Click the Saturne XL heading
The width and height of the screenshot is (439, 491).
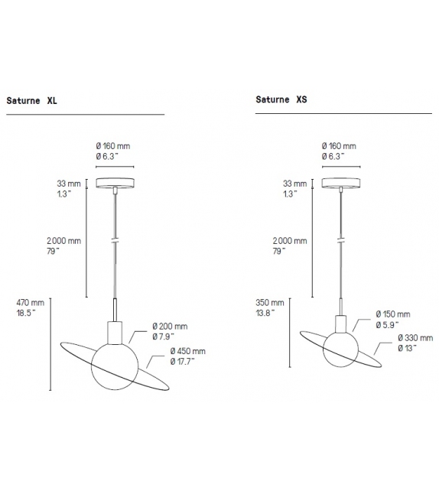[32, 99]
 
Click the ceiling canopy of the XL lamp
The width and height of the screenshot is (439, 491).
[114, 183]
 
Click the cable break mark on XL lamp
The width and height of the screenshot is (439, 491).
[114, 240]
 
